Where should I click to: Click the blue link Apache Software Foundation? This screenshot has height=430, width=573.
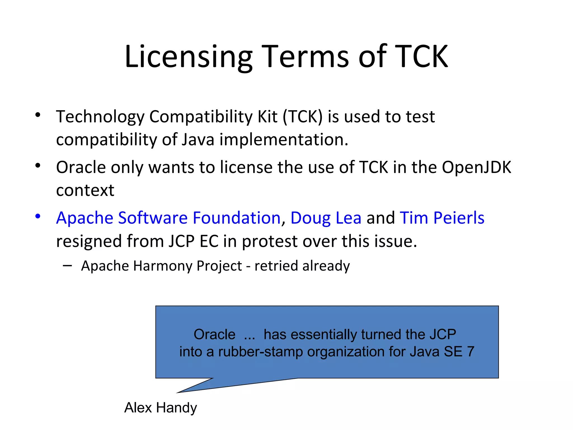click(x=168, y=218)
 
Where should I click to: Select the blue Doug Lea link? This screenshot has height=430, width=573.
click(x=326, y=218)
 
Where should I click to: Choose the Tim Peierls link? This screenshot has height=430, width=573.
click(x=442, y=218)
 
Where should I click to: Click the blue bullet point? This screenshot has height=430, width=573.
click(x=38, y=216)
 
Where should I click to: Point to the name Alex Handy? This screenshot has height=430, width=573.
click(x=160, y=407)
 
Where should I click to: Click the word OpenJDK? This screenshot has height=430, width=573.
click(x=476, y=167)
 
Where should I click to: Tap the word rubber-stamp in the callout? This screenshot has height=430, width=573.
click(x=260, y=352)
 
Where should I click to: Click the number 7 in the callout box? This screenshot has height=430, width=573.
click(x=470, y=352)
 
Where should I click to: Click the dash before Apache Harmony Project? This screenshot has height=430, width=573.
click(x=67, y=265)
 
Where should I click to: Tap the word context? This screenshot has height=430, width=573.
click(x=85, y=190)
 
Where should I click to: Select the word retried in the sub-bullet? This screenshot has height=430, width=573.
click(x=276, y=266)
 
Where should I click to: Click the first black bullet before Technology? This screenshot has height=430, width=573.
click(x=38, y=115)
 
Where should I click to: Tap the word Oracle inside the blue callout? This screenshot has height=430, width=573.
click(x=214, y=335)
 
